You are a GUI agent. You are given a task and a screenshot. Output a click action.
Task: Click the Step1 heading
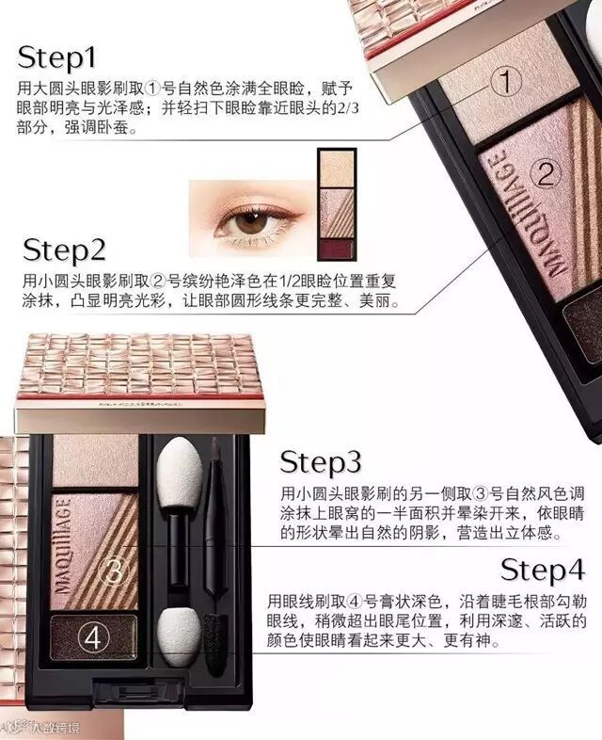tap(56, 57)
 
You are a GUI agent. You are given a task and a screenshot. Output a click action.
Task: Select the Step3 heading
tap(320, 462)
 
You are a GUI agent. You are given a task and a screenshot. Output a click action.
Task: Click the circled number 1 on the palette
tap(506, 82)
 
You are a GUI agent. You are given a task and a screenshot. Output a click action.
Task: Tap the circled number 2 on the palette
tap(546, 175)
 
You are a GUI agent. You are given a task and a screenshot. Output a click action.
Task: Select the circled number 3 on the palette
tap(113, 571)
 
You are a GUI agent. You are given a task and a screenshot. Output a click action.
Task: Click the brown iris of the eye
tap(251, 221)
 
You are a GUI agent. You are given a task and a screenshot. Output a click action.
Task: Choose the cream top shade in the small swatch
tap(337, 168)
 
